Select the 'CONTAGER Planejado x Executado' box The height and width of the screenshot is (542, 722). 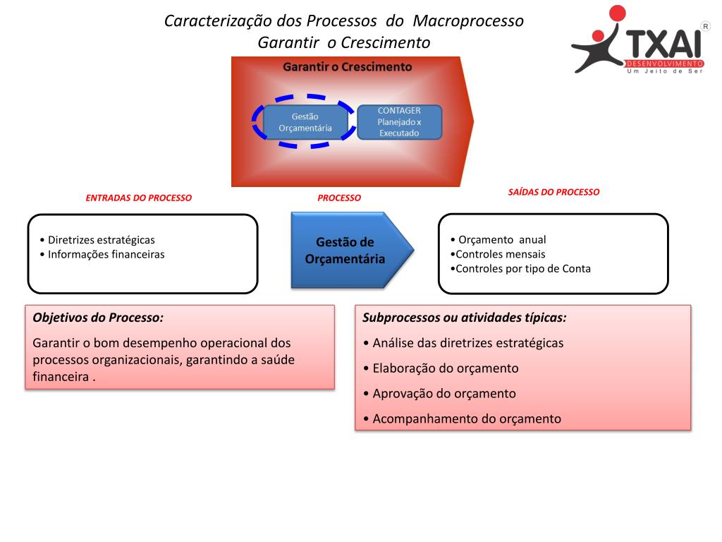[399, 122]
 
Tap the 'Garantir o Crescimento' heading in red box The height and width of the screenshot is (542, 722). [347, 67]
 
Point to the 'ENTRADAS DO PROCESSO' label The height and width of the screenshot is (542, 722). [138, 198]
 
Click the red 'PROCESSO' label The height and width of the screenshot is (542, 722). [338, 198]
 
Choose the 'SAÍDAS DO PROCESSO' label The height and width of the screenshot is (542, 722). [553, 192]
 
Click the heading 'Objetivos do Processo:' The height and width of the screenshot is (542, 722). [98, 318]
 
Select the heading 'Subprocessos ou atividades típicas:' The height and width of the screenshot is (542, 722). [464, 318]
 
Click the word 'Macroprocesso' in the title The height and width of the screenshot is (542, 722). [468, 20]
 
